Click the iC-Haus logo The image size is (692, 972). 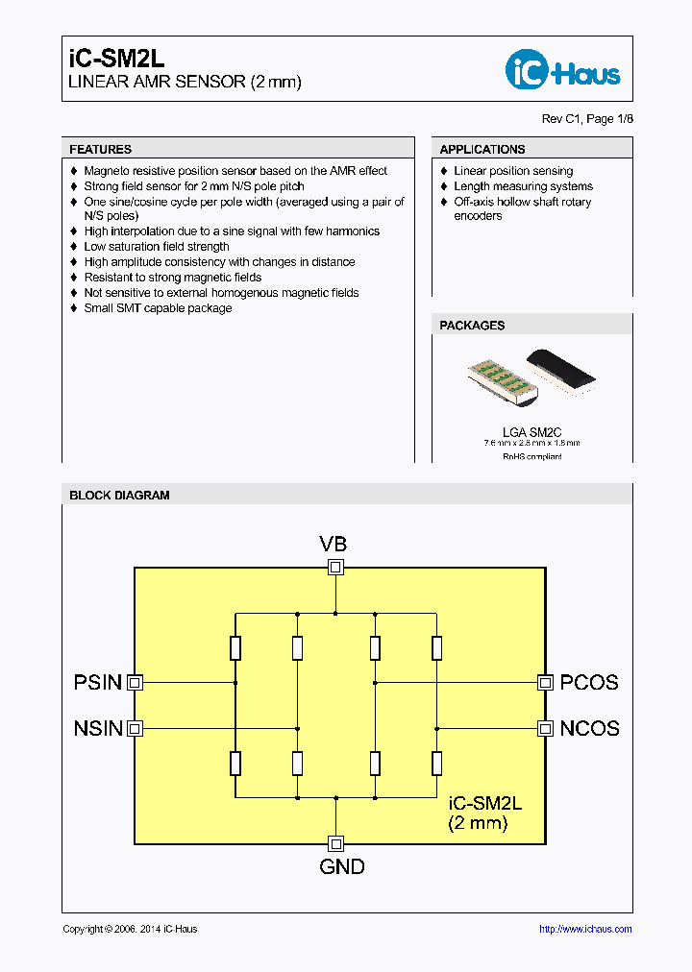tap(562, 70)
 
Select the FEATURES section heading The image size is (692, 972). tap(101, 149)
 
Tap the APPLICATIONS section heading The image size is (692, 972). tap(482, 149)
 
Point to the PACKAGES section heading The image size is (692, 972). tap(472, 326)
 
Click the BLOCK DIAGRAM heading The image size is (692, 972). tap(119, 496)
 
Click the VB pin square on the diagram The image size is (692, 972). tap(335, 567)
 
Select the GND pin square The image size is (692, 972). tap(335, 843)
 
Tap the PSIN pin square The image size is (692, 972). tap(136, 682)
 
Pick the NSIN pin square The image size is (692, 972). tap(136, 728)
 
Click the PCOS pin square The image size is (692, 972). tap(545, 682)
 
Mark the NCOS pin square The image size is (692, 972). tap(545, 728)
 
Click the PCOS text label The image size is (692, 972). tap(589, 683)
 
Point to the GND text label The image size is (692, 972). tap(342, 866)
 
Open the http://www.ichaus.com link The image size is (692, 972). tap(585, 929)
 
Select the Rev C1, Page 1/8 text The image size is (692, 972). tap(587, 119)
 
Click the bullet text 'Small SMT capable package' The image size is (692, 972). tap(158, 308)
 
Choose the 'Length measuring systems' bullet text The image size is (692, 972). tap(523, 186)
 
